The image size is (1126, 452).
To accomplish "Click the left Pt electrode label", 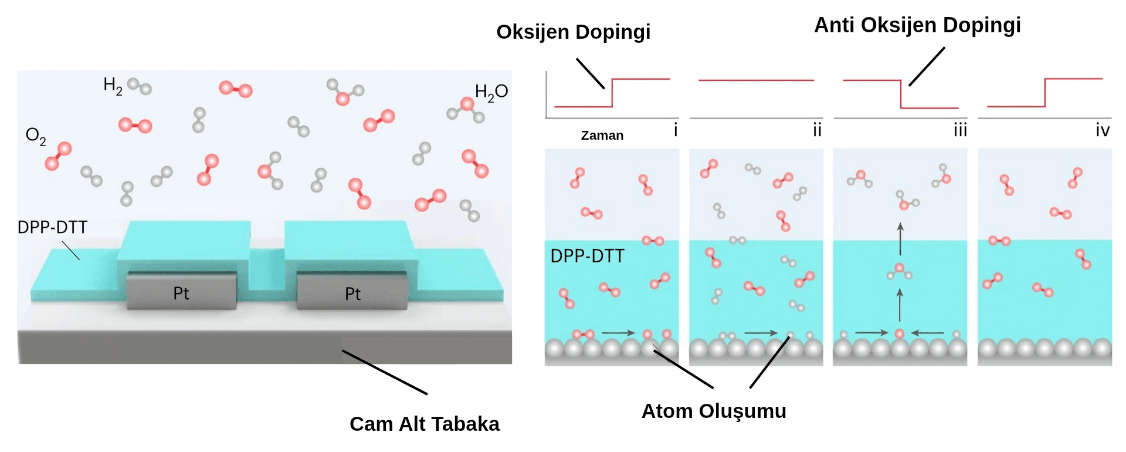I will coord(181,294).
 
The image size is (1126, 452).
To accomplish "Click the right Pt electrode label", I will coord(352,294).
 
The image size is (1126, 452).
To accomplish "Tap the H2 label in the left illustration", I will coord(113,86).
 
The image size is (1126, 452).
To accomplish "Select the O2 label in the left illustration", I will coord(35,136).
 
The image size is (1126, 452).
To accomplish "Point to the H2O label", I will coord(491,92).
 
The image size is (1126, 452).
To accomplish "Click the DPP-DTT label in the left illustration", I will coord(52,227).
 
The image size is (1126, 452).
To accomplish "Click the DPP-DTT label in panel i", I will coord(587,256).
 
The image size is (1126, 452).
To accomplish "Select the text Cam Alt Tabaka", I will coord(424,424).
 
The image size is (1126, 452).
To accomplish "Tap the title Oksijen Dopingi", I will coord(573,32).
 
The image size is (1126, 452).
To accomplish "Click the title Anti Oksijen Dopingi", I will coord(917,25).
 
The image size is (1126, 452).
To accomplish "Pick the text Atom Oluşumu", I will coord(714,411).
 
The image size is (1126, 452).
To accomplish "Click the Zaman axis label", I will coord(602,136).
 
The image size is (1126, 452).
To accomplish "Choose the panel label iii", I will coord(959,130).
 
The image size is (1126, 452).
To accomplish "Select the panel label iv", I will coord(1103,130).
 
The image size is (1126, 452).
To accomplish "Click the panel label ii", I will coord(817,130).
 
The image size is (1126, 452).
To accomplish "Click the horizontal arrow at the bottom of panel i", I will coord(618,333).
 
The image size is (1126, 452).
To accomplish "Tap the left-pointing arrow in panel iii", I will coord(927,333).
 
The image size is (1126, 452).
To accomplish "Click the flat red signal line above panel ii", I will coord(756,80).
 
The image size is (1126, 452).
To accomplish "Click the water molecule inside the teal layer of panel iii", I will coord(899,272).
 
